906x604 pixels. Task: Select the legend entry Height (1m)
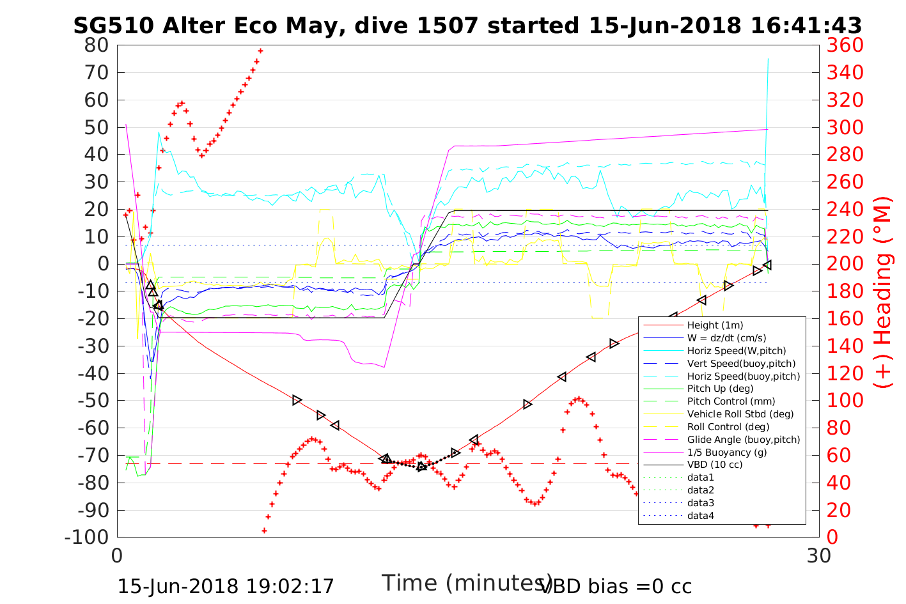click(x=715, y=325)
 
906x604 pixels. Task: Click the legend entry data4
click(x=701, y=515)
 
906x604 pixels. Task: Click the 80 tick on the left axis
click(x=96, y=45)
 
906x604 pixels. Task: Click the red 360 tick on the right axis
click(x=845, y=45)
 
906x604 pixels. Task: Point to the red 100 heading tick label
click(x=845, y=401)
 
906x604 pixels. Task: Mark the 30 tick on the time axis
click(x=819, y=556)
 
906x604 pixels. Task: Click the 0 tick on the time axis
click(x=118, y=556)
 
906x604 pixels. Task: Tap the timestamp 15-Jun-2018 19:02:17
click(x=226, y=587)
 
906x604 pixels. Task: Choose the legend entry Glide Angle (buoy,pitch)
click(x=744, y=439)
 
